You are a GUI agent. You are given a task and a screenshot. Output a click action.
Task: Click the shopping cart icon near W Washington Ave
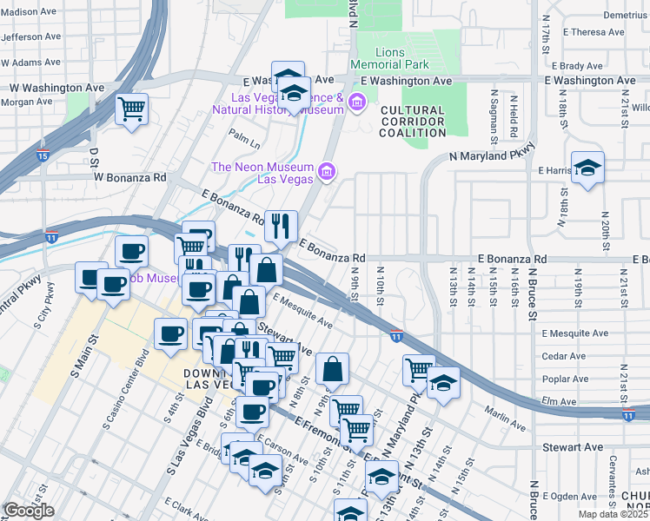tap(132, 109)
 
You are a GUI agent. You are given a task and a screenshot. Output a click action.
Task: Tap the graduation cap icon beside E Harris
tap(587, 168)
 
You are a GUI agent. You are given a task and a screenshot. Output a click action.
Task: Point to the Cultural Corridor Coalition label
tap(412, 122)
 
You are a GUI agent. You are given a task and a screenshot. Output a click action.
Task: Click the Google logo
tap(29, 511)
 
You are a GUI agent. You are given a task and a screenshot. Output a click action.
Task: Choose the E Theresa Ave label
tap(593, 32)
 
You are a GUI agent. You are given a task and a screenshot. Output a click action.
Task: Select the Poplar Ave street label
tap(566, 379)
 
